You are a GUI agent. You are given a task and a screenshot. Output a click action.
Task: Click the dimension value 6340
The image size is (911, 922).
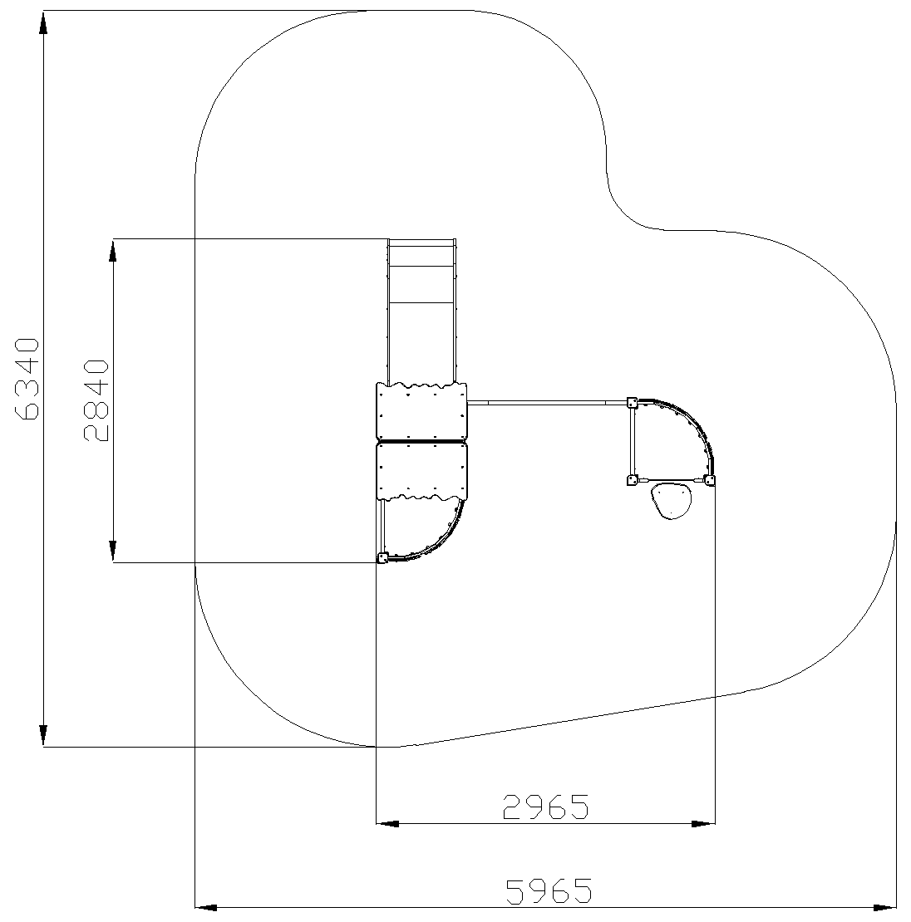click(x=27, y=379)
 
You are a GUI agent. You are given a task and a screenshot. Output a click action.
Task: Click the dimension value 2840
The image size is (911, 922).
click(x=96, y=400)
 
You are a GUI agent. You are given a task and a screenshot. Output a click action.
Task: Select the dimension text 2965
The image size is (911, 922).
click(x=545, y=807)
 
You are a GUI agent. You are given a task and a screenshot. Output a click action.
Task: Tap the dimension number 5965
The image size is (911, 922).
click(x=549, y=890)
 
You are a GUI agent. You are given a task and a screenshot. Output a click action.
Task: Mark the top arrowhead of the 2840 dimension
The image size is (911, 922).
click(x=112, y=250)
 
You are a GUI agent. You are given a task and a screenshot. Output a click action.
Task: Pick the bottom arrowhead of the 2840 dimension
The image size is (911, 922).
click(x=112, y=551)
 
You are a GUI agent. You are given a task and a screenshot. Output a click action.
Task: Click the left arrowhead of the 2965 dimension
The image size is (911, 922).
click(x=387, y=823)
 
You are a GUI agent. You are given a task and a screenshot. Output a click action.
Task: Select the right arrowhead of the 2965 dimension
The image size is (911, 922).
click(x=703, y=823)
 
